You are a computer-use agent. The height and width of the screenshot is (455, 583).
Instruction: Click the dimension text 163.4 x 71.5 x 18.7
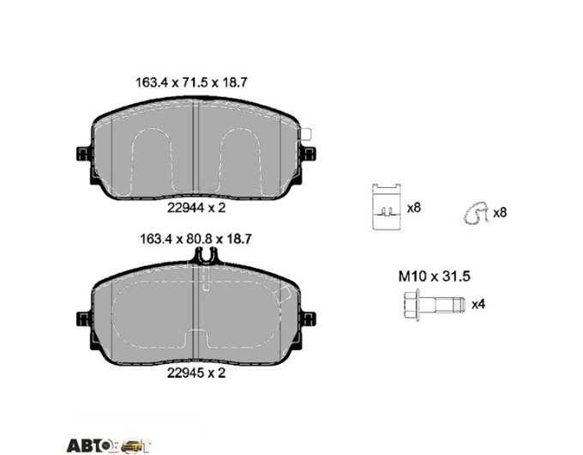pyautogui.click(x=191, y=82)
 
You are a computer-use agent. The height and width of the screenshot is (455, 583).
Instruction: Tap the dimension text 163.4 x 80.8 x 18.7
pyautogui.click(x=195, y=239)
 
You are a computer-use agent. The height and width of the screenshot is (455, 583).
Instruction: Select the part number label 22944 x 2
pyautogui.click(x=196, y=208)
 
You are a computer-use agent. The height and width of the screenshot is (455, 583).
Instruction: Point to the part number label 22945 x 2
pyautogui.click(x=196, y=373)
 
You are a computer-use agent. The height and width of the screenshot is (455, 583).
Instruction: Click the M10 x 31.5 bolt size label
pyautogui.click(x=435, y=276)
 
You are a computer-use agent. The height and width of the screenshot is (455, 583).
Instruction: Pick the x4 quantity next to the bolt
pyautogui.click(x=478, y=304)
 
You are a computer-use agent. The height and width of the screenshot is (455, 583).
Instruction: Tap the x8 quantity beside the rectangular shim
pyautogui.click(x=413, y=208)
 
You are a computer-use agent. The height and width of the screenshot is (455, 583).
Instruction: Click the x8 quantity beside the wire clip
pyautogui.click(x=499, y=213)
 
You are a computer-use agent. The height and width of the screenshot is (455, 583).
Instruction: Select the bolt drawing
pyautogui.click(x=435, y=305)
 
